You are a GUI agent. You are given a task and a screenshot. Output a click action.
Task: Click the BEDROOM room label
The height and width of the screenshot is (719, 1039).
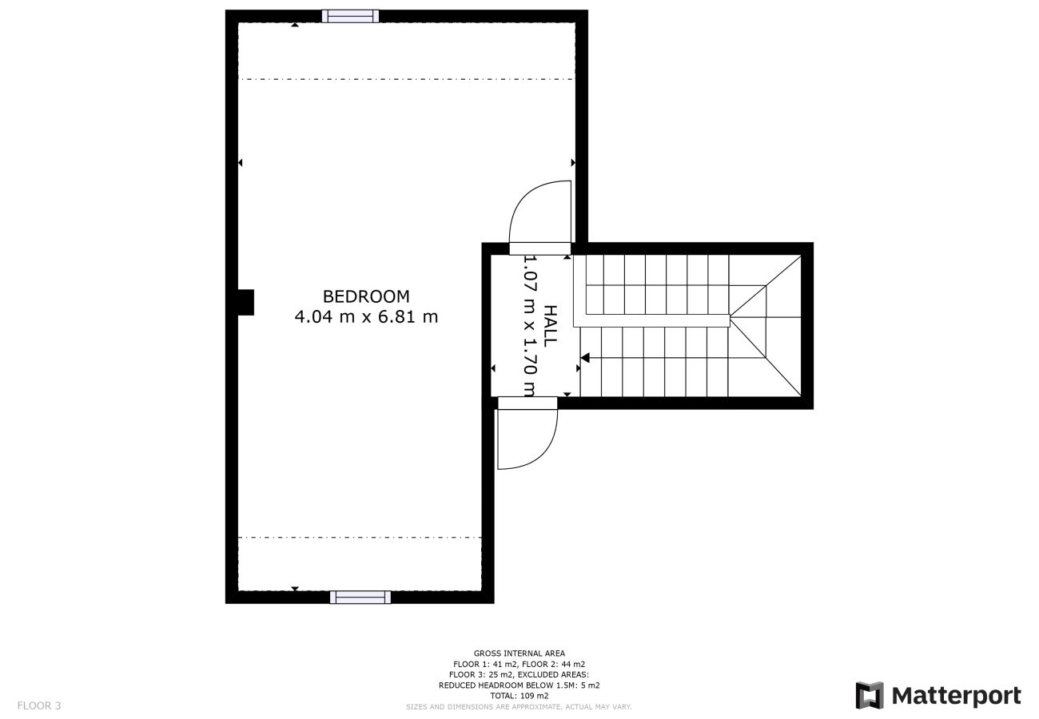coord(366,296)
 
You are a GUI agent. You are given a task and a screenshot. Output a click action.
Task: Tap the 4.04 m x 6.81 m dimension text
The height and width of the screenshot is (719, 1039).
coord(366,317)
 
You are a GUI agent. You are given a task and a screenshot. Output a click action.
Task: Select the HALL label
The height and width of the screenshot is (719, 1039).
coord(550,326)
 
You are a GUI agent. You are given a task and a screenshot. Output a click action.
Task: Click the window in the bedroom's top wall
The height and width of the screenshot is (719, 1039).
coord(350,16)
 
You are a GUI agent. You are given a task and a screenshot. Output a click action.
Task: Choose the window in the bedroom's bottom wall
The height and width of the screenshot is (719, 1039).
coord(360,597)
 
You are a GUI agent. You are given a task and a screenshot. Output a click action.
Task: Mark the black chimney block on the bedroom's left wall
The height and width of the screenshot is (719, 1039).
coord(246,302)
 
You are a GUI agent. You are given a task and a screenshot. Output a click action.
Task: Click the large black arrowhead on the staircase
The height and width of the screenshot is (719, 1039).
coord(585,358)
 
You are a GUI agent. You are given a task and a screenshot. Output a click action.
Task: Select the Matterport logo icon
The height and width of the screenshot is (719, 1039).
coord(870,695)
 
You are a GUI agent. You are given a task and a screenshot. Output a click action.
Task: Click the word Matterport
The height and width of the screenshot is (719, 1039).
coord(957,696)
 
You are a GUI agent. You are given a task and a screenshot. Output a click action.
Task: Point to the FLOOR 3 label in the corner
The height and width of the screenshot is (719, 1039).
coord(39,705)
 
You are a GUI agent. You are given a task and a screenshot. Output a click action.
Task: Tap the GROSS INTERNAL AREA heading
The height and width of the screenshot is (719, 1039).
coord(519,653)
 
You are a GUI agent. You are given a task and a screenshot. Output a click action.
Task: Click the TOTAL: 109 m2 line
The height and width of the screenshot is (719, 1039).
coord(519,695)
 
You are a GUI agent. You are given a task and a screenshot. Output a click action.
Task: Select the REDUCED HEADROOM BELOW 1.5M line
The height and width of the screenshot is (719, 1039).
coord(519,685)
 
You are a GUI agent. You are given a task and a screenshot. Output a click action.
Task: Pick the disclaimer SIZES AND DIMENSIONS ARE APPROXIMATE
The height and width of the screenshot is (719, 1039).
coord(519,706)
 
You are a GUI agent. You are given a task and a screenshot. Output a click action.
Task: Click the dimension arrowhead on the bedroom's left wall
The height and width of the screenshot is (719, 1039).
coord(241,163)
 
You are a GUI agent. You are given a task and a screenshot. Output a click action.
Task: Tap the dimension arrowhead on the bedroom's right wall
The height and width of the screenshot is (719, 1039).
coord(573,163)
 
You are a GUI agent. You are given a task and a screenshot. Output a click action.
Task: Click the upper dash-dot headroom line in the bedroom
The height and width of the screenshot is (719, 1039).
coord(407,79)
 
